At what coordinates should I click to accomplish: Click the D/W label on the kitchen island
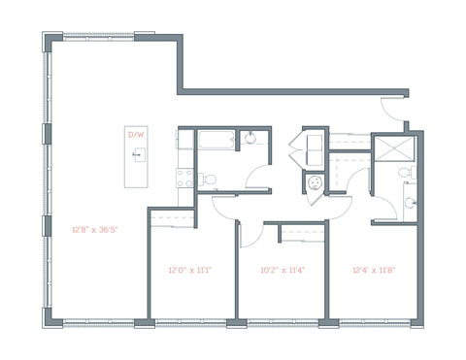point(136,135)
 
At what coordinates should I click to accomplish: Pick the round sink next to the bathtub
point(250,138)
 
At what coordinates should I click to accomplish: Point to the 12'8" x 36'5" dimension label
point(94,230)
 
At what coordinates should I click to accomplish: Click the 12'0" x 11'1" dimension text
point(189,270)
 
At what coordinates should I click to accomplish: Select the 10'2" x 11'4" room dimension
point(283,270)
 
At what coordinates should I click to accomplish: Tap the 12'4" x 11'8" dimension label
point(374,270)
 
